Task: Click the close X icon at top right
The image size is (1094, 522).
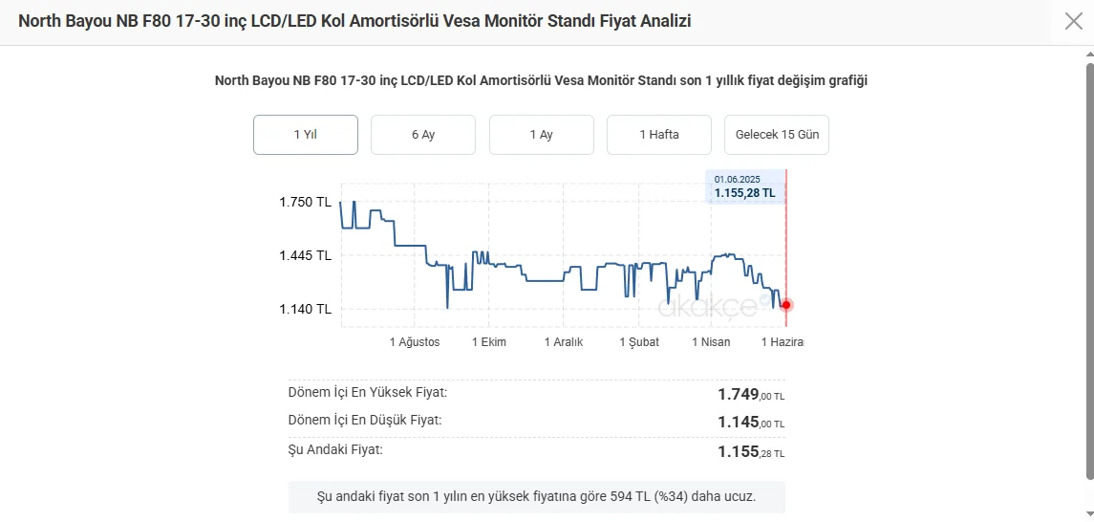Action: (x=1073, y=21)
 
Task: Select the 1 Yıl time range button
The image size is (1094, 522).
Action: (x=306, y=135)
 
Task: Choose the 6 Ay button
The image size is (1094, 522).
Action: (x=423, y=135)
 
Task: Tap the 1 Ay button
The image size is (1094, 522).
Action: (x=542, y=135)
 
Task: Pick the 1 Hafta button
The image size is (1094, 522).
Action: (x=659, y=135)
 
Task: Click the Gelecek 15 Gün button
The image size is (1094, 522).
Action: (x=777, y=135)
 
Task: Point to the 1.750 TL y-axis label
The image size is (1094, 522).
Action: (x=305, y=202)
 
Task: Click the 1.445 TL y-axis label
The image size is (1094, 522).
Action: (x=305, y=255)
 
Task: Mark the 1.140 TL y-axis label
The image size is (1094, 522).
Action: (x=305, y=309)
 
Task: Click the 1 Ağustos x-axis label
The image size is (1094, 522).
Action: (x=415, y=342)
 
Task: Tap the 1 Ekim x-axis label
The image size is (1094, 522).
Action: (x=489, y=342)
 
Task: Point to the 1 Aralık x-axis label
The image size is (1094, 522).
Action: (x=564, y=342)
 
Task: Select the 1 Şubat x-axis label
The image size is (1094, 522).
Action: (x=639, y=342)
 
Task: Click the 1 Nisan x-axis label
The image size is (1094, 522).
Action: (x=711, y=342)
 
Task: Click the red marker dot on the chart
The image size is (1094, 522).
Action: (x=786, y=305)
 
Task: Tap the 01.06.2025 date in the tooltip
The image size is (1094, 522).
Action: (x=737, y=179)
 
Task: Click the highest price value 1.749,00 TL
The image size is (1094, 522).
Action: (x=751, y=395)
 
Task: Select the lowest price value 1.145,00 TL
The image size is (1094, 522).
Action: (x=751, y=423)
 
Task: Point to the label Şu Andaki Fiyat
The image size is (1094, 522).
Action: (x=335, y=449)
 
